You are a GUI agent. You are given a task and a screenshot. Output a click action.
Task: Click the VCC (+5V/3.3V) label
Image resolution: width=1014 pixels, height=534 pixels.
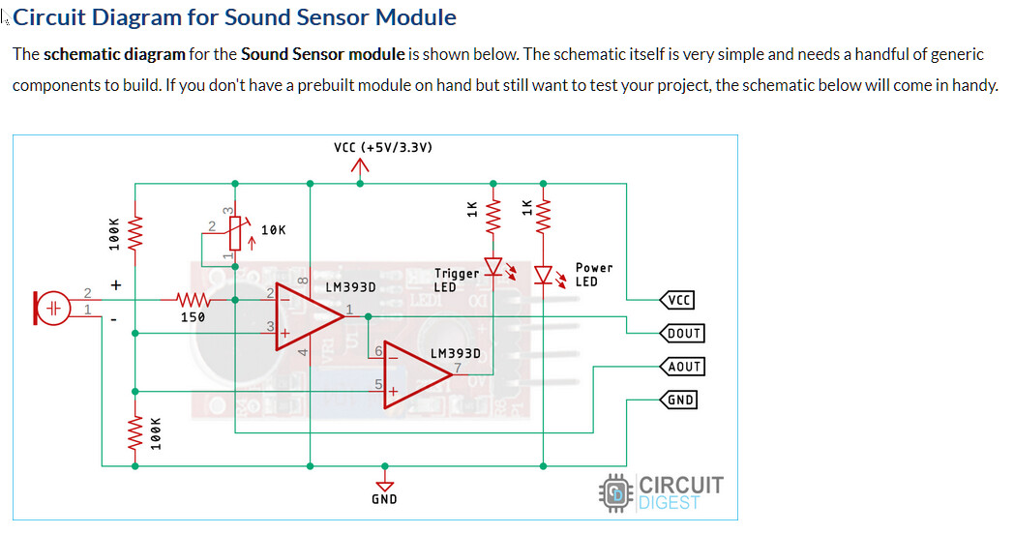tap(382, 148)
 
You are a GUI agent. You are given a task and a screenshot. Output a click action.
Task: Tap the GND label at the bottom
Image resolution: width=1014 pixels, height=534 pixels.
tap(384, 499)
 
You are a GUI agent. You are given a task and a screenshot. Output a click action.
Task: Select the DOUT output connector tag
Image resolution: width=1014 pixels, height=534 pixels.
tap(681, 334)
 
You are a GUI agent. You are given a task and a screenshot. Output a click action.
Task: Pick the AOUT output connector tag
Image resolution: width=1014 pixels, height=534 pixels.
tap(681, 367)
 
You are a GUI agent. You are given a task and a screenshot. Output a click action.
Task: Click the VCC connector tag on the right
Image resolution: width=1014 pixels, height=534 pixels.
tap(677, 300)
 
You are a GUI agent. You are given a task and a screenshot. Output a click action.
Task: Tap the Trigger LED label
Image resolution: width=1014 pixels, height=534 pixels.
tap(456, 281)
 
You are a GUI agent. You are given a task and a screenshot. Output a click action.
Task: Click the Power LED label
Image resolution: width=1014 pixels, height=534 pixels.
tap(593, 275)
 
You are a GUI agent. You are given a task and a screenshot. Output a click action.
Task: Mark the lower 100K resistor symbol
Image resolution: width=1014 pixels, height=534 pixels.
tap(134, 427)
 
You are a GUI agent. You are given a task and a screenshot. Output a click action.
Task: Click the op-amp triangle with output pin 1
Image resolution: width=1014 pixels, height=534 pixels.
tap(308, 315)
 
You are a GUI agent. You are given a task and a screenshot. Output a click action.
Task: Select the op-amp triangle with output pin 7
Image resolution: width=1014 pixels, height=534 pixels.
tap(414, 375)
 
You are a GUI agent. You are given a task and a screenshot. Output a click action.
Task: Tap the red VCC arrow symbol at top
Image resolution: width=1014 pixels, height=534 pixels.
tap(361, 168)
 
